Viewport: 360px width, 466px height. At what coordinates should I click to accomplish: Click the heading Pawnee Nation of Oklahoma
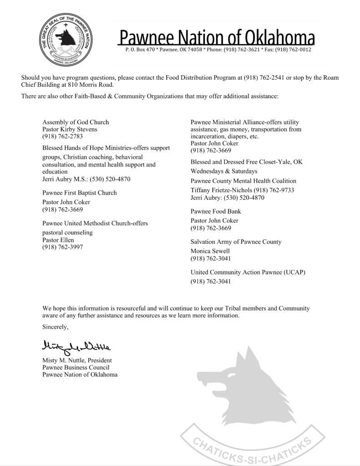pyautogui.click(x=217, y=37)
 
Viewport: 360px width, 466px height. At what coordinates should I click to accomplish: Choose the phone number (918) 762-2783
pyautogui.click(x=62, y=136)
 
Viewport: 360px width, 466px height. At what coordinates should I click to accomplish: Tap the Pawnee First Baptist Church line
pyautogui.click(x=80, y=193)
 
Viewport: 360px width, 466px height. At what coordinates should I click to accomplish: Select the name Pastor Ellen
pyautogui.click(x=58, y=240)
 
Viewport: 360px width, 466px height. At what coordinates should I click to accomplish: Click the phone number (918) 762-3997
pyautogui.click(x=62, y=247)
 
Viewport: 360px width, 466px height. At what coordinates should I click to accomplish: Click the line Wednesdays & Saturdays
pyautogui.click(x=224, y=171)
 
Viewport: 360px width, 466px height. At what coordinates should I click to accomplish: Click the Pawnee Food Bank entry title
pyautogui.click(x=216, y=212)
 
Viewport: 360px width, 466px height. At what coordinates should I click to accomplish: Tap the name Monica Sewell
pyautogui.click(x=210, y=251)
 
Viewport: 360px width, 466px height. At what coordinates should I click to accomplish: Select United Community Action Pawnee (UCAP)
pyautogui.click(x=248, y=272)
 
